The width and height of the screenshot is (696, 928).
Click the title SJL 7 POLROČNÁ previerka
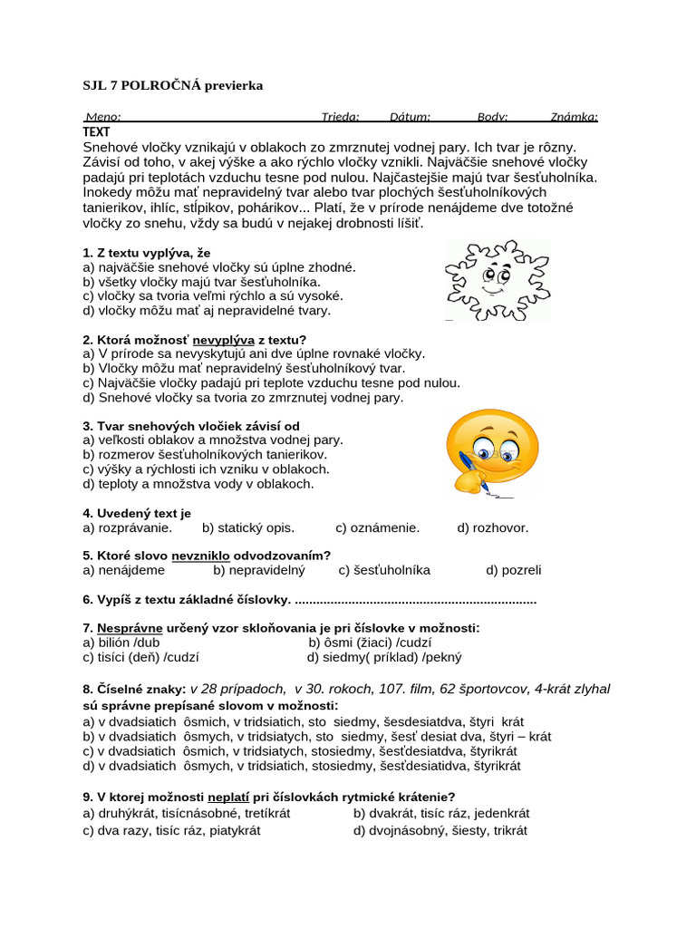(x=172, y=85)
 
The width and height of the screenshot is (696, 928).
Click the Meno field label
(x=102, y=117)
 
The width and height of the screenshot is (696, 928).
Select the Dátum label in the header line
(x=410, y=117)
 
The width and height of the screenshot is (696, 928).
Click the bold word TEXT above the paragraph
(x=96, y=131)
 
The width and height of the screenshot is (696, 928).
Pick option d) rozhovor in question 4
(x=492, y=527)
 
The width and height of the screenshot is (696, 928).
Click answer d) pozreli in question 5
(x=513, y=570)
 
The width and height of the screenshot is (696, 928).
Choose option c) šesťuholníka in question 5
(x=384, y=570)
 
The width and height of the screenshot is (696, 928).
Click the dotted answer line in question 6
(x=416, y=600)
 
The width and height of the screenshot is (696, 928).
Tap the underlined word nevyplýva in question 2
(x=226, y=340)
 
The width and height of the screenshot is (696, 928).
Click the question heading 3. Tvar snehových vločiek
(x=190, y=426)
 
